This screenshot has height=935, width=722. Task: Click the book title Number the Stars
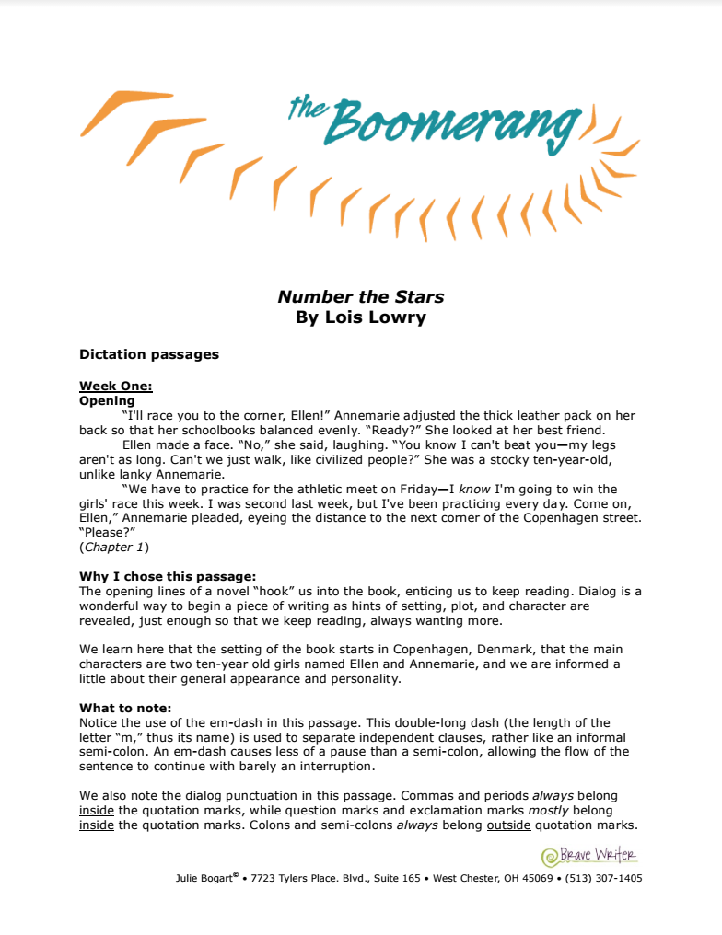coord(361,296)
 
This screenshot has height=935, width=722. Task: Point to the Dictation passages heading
coord(149,354)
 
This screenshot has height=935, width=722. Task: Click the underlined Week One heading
coord(115,387)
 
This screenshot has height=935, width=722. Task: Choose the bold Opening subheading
coord(107,400)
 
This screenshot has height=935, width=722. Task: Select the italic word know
coord(474,489)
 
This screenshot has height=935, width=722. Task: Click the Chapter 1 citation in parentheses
coord(114,548)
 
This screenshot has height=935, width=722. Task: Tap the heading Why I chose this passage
coord(167,577)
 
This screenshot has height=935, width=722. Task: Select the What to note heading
coord(125,709)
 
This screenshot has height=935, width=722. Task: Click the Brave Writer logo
coord(589,856)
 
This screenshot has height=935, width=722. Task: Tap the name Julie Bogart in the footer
coord(204,878)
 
